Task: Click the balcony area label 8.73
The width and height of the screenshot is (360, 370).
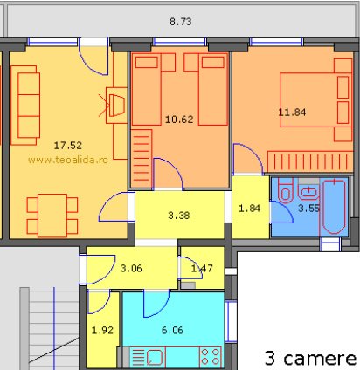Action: click(x=181, y=22)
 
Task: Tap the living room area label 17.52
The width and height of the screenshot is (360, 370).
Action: click(x=68, y=146)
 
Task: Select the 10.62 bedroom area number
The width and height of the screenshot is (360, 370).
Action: click(x=179, y=120)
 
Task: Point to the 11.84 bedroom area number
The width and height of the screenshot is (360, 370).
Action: click(x=292, y=113)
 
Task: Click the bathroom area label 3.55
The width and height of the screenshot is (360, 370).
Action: click(x=308, y=208)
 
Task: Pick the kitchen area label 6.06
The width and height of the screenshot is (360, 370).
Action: click(x=172, y=330)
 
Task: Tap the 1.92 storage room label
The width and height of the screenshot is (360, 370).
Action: click(x=102, y=330)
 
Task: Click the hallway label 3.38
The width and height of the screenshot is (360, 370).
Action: click(x=179, y=216)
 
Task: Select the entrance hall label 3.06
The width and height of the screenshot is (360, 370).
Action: click(x=131, y=268)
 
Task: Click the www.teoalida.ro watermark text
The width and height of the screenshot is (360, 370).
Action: click(x=68, y=160)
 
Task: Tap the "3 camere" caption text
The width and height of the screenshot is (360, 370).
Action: click(x=310, y=358)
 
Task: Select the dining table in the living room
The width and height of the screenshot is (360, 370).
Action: click(x=52, y=216)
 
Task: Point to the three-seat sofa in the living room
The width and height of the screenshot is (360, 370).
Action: click(x=25, y=106)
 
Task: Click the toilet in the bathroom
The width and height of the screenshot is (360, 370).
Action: click(x=286, y=190)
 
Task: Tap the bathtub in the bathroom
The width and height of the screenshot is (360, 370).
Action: click(x=335, y=207)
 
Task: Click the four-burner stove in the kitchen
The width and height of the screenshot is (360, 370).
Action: click(x=210, y=357)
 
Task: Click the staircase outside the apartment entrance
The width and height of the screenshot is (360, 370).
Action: click(x=50, y=329)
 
